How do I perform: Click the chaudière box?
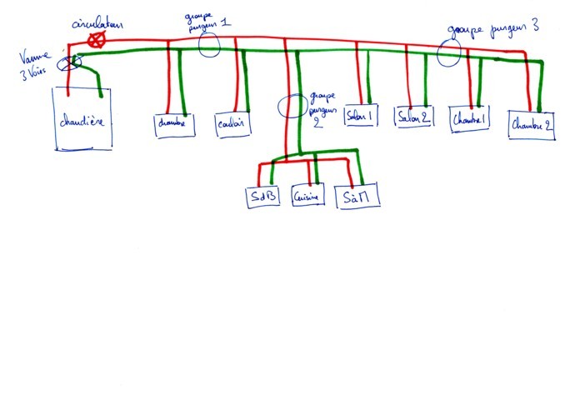(x=85, y=122)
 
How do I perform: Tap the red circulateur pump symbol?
(x=98, y=39)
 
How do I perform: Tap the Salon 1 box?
(x=361, y=116)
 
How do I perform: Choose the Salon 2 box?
(x=414, y=117)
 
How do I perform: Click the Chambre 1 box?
(x=472, y=119)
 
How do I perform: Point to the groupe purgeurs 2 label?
(x=323, y=106)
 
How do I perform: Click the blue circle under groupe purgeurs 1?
(x=209, y=45)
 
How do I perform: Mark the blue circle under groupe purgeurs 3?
(x=450, y=53)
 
